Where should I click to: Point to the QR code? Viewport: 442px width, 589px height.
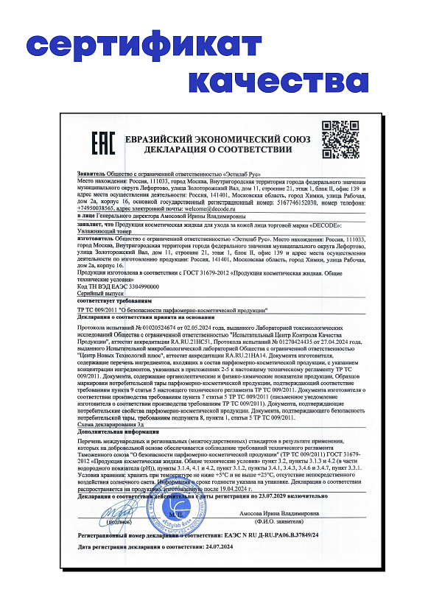pos(340,138)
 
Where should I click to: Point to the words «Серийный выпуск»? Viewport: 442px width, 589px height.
pos(100,293)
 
